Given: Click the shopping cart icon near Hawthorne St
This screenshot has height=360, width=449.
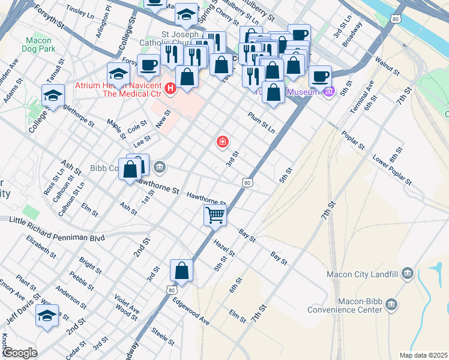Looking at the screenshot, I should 215,214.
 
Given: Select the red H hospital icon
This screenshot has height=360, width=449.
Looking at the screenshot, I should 170,89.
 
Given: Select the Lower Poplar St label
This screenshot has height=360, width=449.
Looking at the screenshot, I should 392,170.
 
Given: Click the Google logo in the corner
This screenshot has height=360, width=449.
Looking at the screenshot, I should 20,353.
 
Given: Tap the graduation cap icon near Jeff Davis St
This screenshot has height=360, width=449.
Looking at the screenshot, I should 47,315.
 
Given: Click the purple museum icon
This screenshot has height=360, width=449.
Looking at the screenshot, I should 328,92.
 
